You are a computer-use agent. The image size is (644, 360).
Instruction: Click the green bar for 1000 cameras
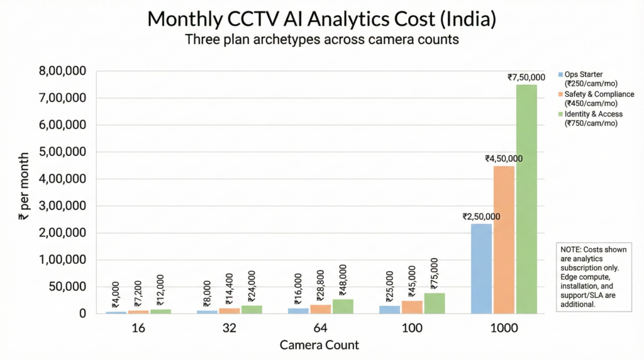click(x=526, y=198)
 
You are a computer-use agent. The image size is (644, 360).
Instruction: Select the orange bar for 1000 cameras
click(x=504, y=239)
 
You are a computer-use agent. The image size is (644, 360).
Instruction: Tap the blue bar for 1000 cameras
click(x=481, y=268)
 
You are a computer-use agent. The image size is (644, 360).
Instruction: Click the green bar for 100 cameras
click(x=435, y=303)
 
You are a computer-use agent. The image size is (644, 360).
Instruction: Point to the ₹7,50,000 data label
click(x=526, y=77)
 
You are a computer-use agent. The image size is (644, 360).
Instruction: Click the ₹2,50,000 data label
click(x=481, y=217)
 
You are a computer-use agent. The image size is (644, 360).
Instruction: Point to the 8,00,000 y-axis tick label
click(x=65, y=71)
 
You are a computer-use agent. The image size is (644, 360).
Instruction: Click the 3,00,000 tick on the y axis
click(x=65, y=206)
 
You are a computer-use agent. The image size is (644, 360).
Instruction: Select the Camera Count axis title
click(x=319, y=345)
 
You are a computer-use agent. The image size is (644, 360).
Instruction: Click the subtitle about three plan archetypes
click(x=321, y=40)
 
